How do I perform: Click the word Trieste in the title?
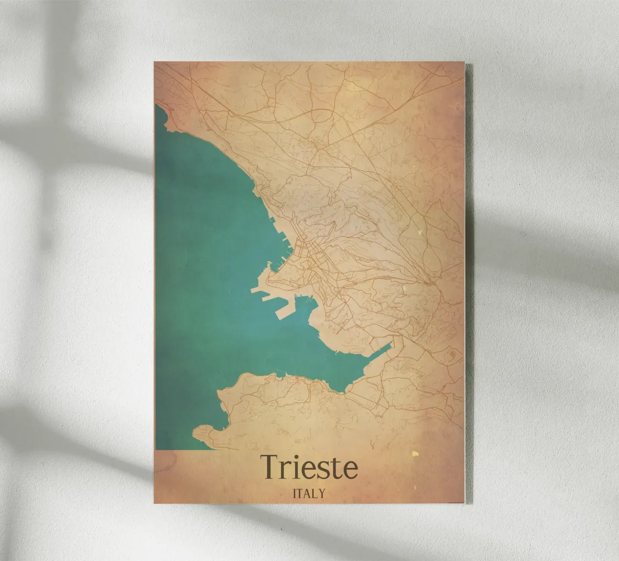tap(309, 466)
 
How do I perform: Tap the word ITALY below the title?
tap(309, 493)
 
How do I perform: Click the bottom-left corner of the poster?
tap(155, 503)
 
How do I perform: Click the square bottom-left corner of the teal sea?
tap(157, 449)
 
